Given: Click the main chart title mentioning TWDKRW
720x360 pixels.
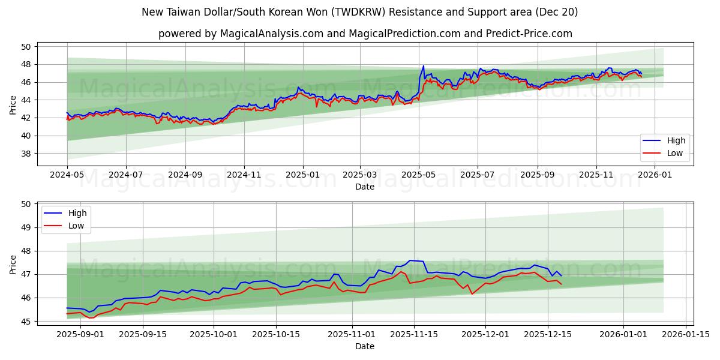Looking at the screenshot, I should tap(360, 12).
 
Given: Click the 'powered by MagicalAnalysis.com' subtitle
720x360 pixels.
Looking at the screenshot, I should tap(365, 34).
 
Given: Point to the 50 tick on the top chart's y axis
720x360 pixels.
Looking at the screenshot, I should tap(26, 47).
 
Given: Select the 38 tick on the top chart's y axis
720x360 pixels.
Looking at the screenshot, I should tap(26, 154).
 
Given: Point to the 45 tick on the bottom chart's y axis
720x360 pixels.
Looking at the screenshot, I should tap(26, 322).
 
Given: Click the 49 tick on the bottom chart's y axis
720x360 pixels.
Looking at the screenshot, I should tap(26, 227).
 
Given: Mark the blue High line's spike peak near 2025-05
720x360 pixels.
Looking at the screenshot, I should tap(423, 66).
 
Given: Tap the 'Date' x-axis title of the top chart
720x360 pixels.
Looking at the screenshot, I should tap(365, 187).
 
